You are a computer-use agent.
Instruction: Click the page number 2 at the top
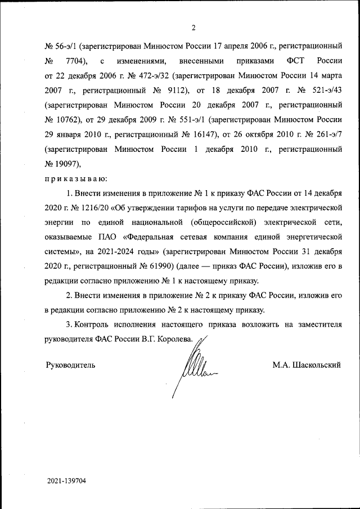tap(193, 28)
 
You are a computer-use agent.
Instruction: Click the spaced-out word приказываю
tap(75, 179)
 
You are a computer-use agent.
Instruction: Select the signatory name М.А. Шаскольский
tap(307, 365)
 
